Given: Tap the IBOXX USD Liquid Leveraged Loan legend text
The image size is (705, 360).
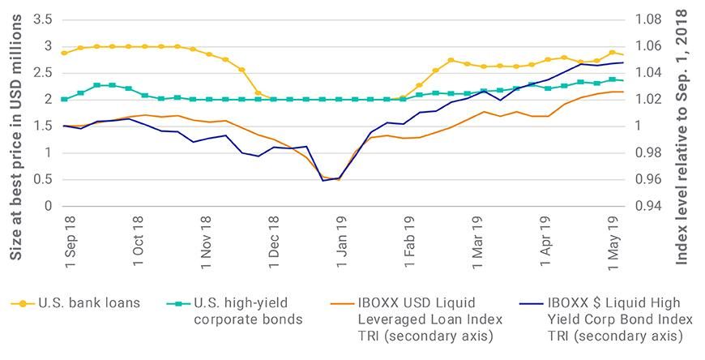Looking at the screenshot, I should tap(410, 319).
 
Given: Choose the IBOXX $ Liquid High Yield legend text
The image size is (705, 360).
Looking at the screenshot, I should tap(603, 319).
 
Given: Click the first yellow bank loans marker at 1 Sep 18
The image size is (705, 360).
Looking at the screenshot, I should tap(64, 53).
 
